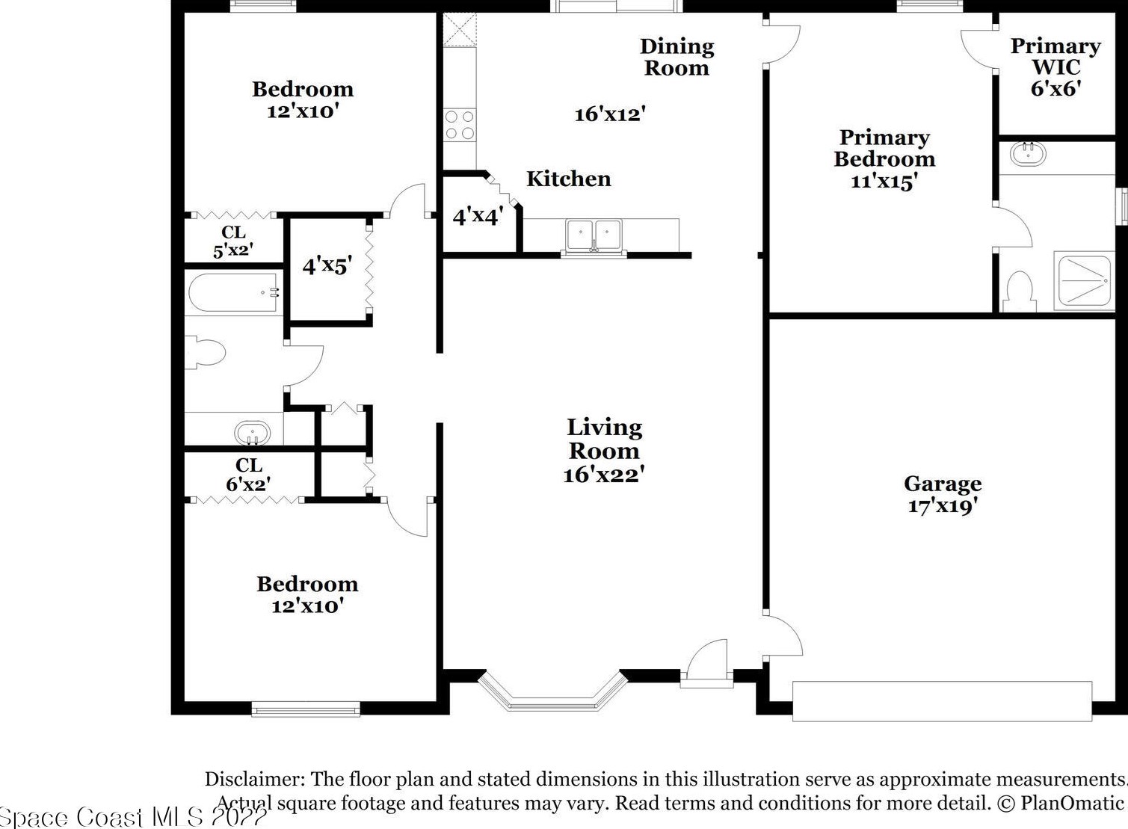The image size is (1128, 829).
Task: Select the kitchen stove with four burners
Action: (x=459, y=124)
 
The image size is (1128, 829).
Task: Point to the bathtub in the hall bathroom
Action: (x=233, y=292)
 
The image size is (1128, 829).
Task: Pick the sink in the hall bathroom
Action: (x=252, y=433)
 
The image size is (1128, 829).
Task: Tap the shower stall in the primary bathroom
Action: (x=1084, y=281)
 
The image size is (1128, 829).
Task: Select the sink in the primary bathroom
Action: (x=1028, y=154)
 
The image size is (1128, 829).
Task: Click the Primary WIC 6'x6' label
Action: (x=1055, y=67)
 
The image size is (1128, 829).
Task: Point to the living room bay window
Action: (x=553, y=691)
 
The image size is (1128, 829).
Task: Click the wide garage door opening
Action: (x=942, y=701)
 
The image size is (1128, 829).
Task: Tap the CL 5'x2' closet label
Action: (x=233, y=241)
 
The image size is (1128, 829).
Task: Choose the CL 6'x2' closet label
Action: (x=248, y=475)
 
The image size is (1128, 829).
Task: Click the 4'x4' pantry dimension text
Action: (x=478, y=217)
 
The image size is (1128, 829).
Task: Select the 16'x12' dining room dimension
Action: (x=610, y=114)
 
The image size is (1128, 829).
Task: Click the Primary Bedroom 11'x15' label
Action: (x=885, y=158)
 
